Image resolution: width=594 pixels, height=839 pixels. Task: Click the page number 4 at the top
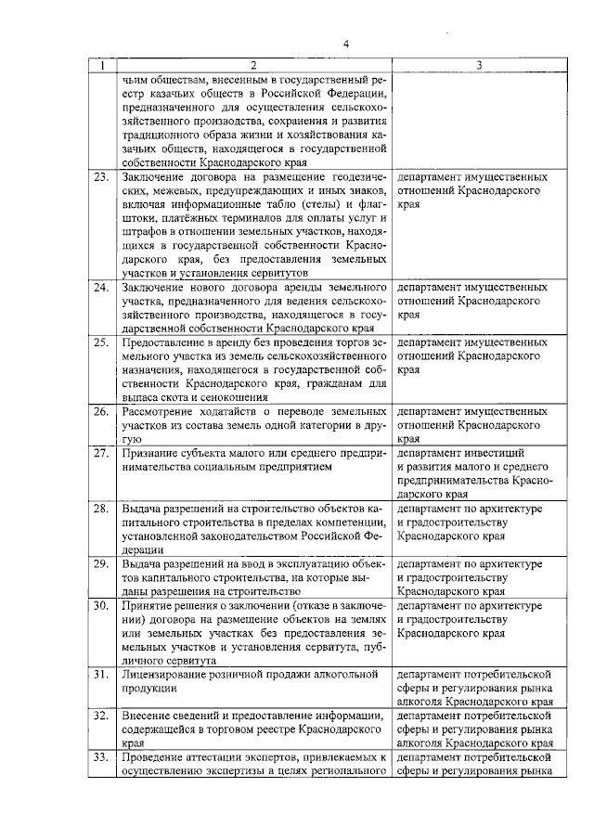coord(345,44)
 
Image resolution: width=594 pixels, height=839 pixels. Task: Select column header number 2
coord(252,66)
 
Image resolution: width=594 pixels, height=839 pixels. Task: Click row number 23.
coord(101,176)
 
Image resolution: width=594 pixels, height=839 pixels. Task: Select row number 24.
coord(101,288)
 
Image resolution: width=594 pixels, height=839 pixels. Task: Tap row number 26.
coord(101,411)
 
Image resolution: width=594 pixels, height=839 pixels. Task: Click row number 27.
coord(101,453)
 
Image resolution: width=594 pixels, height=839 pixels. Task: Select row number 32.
coord(101,716)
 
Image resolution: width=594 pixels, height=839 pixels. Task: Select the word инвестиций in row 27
coord(495,453)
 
